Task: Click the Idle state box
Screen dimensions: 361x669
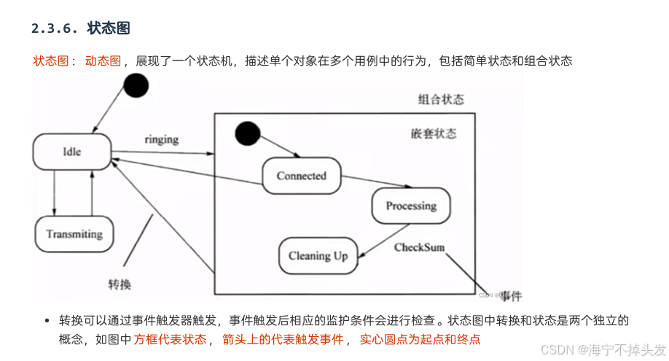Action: (71, 152)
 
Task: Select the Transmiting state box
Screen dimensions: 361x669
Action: (74, 234)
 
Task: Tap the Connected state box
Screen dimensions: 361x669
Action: (302, 176)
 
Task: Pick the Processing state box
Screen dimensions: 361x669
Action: (411, 206)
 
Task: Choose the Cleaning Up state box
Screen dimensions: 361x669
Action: (318, 256)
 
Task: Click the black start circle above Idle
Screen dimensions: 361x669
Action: (136, 85)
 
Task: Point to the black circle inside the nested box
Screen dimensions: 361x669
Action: (248, 133)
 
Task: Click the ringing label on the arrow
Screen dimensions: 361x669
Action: (161, 139)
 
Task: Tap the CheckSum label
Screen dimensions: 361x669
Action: (419, 248)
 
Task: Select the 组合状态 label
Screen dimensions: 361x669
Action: (441, 99)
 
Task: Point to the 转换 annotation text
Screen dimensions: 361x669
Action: (120, 283)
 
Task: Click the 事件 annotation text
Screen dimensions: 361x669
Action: (512, 295)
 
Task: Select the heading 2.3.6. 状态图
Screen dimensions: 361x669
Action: (80, 29)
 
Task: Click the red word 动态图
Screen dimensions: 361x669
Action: (103, 61)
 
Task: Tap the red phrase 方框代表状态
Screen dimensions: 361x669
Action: (170, 339)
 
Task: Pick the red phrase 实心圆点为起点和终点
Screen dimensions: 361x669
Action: (420, 339)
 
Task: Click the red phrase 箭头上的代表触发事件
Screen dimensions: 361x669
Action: (283, 339)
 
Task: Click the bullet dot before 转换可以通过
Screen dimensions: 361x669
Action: (47, 321)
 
